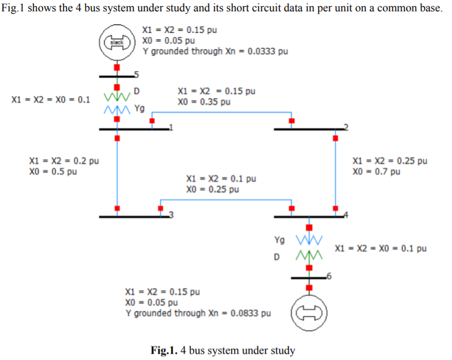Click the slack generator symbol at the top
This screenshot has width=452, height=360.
[x=117, y=43]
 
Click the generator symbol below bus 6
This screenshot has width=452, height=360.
[x=309, y=312]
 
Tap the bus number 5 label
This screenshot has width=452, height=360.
[x=136, y=74]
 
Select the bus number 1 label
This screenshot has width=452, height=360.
[x=172, y=127]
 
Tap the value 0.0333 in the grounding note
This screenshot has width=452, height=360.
[x=253, y=51]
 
